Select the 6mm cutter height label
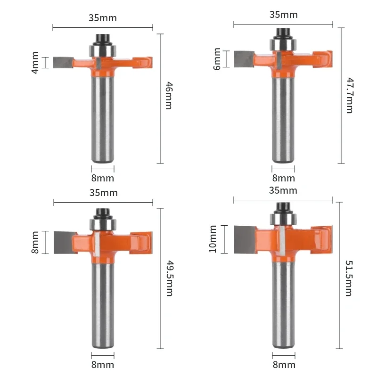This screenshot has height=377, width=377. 217,59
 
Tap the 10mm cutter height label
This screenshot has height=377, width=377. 213,239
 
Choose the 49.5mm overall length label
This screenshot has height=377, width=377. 169,279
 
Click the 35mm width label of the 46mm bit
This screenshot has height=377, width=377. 102,18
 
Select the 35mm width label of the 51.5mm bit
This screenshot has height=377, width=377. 283,190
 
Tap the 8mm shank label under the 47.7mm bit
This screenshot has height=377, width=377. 283,178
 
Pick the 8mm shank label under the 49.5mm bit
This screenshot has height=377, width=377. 102,365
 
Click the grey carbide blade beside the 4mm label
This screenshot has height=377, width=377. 62,62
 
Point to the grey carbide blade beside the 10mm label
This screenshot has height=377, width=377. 245,239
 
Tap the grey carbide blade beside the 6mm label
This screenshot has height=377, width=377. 244,59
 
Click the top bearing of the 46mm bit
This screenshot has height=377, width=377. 102,49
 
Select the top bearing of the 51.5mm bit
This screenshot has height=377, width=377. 283,220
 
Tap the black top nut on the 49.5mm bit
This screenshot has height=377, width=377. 102,213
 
